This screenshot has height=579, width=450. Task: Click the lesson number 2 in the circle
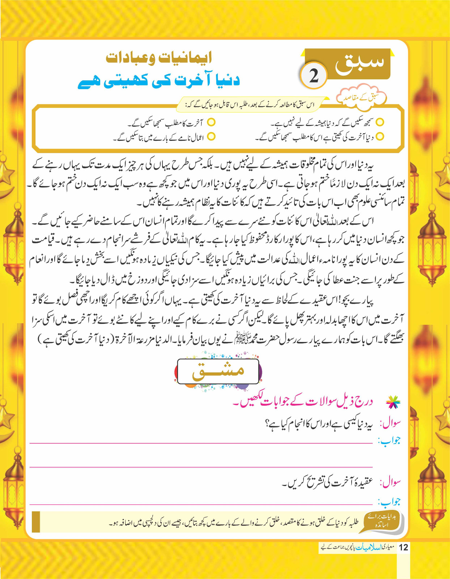click(313, 76)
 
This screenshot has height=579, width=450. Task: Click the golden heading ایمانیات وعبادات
click(159, 58)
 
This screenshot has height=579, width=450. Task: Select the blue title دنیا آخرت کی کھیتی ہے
click(159, 80)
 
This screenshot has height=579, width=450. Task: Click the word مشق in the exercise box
click(218, 371)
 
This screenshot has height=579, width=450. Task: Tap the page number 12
click(403, 548)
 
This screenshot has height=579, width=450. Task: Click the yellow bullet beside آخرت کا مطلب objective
click(211, 123)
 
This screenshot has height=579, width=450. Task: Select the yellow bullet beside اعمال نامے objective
click(211, 136)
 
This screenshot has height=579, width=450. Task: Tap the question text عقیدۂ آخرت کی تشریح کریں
click(328, 482)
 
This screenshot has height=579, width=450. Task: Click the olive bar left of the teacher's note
click(36, 521)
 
